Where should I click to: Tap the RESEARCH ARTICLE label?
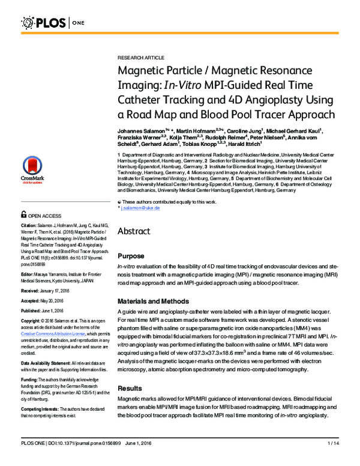click(x=140, y=58)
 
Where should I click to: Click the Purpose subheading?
click(x=132, y=256)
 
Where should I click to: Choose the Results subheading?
click(x=131, y=389)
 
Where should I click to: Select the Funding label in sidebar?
click(x=31, y=380)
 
